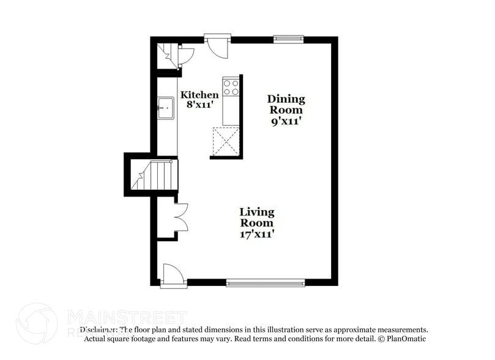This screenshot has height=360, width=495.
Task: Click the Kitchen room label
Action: coord(199,95)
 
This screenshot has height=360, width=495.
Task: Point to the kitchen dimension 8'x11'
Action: coord(199,105)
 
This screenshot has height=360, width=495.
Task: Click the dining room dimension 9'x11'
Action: coord(286,121)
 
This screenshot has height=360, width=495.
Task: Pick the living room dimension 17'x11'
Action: coord(256,233)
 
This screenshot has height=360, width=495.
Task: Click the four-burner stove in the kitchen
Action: coord(231,87)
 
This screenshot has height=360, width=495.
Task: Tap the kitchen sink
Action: coord(165,108)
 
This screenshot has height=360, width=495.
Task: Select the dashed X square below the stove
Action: coord(226,141)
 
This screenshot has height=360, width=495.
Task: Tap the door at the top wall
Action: coord(217,46)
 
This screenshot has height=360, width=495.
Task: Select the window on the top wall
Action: coord(288,40)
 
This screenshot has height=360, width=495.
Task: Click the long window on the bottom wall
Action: coord(265,283)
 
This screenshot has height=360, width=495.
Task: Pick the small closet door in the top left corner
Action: coord(185,55)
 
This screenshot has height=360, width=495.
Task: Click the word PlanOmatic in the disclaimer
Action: coord(405,339)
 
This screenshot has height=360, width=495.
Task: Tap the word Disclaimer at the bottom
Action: coord(98,329)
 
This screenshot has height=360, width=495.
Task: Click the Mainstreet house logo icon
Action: coord(37,323)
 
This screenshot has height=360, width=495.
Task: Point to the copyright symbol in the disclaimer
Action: coord(380,339)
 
